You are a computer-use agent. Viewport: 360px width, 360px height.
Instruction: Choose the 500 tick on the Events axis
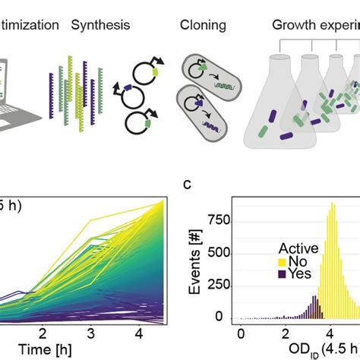(x=220, y=253)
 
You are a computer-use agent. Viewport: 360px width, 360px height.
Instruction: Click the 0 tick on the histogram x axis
(x=241, y=333)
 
